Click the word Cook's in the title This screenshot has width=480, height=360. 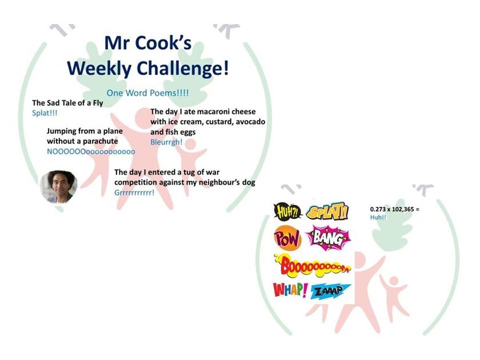(163, 43)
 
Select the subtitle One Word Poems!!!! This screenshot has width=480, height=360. (147, 93)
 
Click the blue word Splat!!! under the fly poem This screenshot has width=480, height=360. (45, 113)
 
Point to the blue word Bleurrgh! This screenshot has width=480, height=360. (166, 142)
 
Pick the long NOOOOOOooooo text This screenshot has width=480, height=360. (91, 151)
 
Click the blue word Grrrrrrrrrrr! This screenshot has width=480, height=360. (134, 193)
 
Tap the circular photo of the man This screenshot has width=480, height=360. (59, 187)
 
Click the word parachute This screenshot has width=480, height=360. (100, 141)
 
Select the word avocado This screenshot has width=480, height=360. (250, 122)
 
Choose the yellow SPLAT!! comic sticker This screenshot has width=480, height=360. (327, 211)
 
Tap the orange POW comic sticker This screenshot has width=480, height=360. (288, 238)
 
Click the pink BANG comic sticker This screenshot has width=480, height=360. (328, 238)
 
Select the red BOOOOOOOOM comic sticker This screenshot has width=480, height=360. (313, 266)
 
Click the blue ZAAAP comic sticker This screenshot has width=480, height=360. (326, 291)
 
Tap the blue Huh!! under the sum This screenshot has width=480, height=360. (378, 217)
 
